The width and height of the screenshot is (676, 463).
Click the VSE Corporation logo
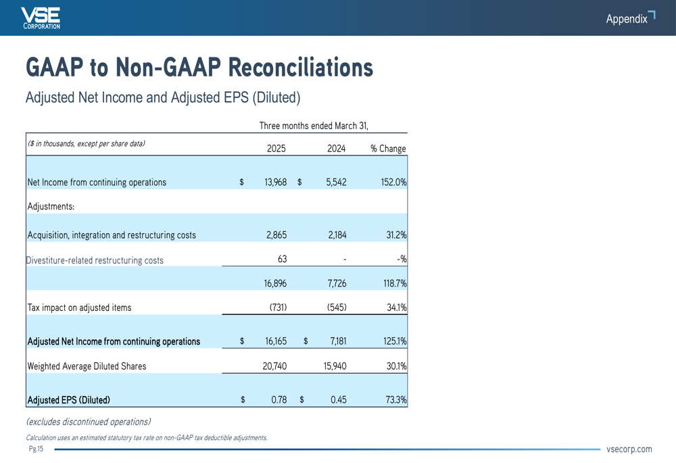point(41,18)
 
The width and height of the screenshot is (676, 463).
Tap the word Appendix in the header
point(627,19)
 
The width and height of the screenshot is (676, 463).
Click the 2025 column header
point(276,149)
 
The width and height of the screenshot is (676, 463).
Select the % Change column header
point(388,149)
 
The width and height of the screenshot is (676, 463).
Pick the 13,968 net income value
point(276,182)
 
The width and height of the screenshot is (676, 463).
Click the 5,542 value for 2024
point(336,182)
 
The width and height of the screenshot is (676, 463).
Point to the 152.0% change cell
point(393,182)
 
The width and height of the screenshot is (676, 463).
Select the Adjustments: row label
point(51,207)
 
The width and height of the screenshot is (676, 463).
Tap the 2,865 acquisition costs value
point(276,235)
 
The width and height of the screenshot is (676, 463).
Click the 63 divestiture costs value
point(282,259)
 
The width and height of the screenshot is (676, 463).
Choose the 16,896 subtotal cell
point(275,283)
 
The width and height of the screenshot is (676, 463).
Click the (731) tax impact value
point(278,308)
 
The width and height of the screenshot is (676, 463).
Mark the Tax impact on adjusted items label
point(79,308)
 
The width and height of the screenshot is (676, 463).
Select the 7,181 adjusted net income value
point(338,341)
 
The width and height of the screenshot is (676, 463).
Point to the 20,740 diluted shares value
point(274,366)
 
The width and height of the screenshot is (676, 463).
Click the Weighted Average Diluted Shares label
point(87,366)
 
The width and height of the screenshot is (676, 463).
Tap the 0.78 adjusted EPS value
point(279,399)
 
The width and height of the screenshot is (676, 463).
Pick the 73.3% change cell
point(395,399)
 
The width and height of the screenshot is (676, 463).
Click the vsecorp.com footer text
point(629,449)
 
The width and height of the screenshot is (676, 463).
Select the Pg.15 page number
point(37,449)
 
